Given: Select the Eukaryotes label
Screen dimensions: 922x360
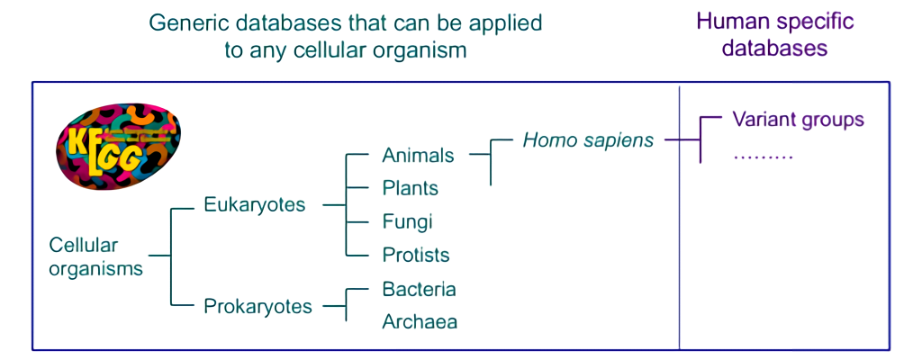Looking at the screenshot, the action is [255, 204].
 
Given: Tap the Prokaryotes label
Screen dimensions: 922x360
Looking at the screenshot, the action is [258, 307].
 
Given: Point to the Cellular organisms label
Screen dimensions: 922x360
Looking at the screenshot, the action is [95, 256].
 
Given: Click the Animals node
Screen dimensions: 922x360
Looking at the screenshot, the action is [418, 156].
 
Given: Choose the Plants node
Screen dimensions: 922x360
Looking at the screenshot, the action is [411, 188].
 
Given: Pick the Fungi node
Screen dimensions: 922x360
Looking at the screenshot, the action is [408, 221].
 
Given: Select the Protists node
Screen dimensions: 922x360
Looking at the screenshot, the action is [416, 255].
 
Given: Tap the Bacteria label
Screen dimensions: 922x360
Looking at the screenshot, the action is [419, 289].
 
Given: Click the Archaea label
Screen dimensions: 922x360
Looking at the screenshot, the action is [420, 322].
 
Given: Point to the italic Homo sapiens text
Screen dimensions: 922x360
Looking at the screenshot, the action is [588, 140].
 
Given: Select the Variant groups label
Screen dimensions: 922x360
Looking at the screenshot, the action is [798, 120].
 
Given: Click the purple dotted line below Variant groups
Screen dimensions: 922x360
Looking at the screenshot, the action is [763, 158].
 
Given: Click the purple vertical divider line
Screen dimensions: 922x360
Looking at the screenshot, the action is [680, 218].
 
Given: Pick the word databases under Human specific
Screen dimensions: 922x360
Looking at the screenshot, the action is [774, 48].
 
